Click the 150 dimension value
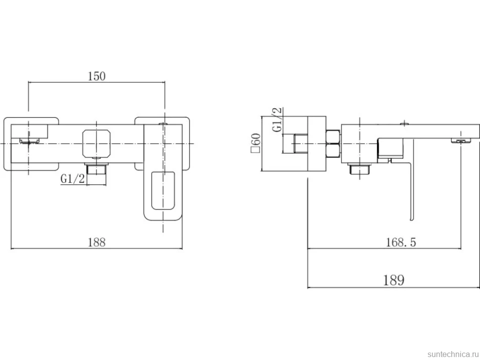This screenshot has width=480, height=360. pos(96,76)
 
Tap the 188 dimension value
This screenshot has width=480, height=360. pos(96,242)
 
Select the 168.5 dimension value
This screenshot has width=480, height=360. pos(401,242)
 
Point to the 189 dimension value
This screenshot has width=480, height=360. pos(394,280)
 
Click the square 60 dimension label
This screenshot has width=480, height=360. pos(255,143)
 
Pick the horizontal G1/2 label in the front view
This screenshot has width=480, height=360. pos(73,179)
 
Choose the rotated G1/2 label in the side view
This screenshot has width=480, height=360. pos(277,120)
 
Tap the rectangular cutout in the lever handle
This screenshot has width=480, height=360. pos(163,190)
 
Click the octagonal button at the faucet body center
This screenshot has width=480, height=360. pos(96,144)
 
